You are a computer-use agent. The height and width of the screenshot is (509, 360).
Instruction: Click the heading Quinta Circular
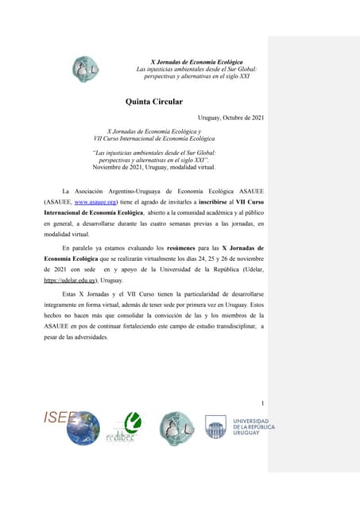pos(154,101)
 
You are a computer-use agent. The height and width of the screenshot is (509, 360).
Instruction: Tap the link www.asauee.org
pos(96,203)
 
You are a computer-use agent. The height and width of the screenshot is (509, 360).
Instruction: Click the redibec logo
pos(122,429)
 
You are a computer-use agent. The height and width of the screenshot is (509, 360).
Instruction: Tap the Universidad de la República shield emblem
pos(216,427)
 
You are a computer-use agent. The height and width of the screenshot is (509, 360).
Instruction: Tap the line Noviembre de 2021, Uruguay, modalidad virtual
pos(153,167)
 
